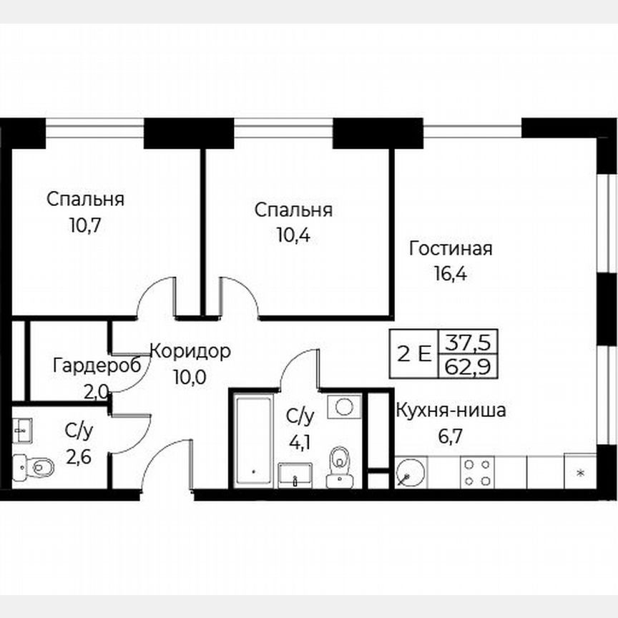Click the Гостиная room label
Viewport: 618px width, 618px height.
[450, 249]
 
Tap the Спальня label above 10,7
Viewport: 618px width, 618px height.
[85, 199]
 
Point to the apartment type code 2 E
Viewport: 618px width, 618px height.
[414, 355]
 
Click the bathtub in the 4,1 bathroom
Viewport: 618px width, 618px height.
[252, 439]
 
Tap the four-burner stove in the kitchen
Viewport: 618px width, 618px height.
[477, 471]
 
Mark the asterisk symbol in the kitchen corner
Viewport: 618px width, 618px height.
[580, 473]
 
